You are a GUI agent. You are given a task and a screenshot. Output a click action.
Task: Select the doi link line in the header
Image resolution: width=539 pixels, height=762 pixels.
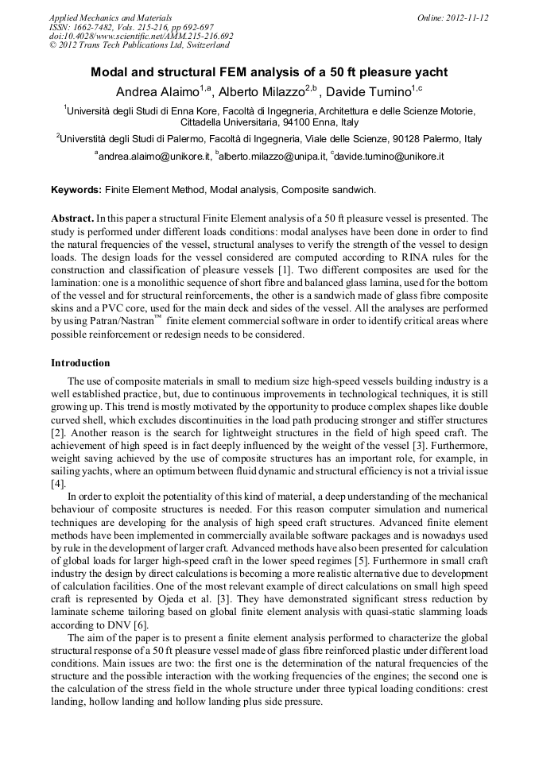click(142, 36)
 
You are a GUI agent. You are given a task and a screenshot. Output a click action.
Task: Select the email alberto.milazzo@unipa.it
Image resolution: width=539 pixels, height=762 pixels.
click(273, 157)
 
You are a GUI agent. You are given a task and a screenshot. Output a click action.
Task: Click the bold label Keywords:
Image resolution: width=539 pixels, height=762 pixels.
click(76, 190)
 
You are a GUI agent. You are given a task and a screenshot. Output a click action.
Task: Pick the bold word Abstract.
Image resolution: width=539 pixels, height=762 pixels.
click(72, 217)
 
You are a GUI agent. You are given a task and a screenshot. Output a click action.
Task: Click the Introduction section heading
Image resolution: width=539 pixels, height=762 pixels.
click(81, 362)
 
